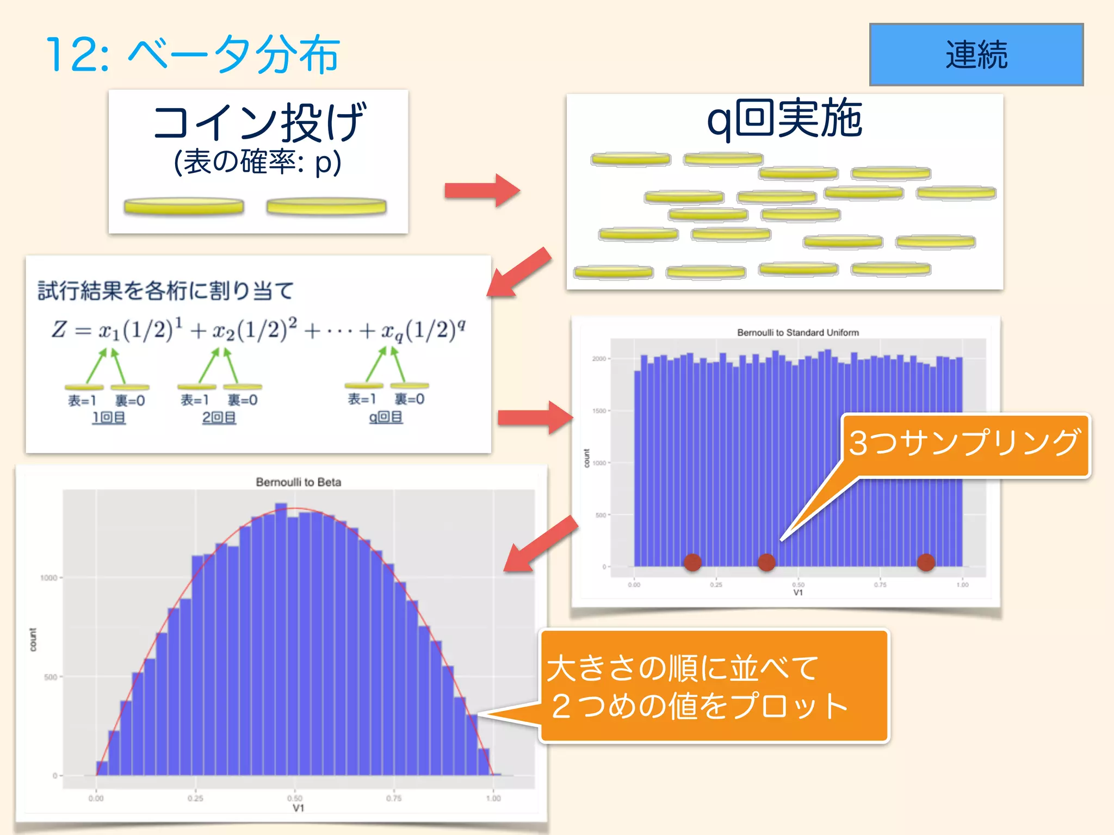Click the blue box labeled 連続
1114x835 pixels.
coord(976,54)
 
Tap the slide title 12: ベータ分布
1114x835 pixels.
coord(193,54)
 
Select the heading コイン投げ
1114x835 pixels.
coord(259,123)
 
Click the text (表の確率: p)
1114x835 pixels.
coord(258,162)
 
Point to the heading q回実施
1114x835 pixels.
coord(784,119)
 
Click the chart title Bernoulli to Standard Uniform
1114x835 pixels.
coord(797,333)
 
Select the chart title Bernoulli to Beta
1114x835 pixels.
coord(298,482)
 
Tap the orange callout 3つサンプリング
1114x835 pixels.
coord(964,444)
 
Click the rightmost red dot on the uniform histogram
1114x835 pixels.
coord(926,562)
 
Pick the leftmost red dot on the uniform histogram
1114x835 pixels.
coord(692,562)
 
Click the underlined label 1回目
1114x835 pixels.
coord(109,417)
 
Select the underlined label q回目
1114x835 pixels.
coord(386,417)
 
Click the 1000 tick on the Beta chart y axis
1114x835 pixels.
coord(48,577)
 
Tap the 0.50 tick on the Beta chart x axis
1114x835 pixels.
coord(295,798)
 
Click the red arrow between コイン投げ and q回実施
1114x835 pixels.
coord(482,190)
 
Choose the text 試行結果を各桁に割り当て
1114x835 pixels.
coord(166,291)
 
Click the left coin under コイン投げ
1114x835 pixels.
coord(184,207)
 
